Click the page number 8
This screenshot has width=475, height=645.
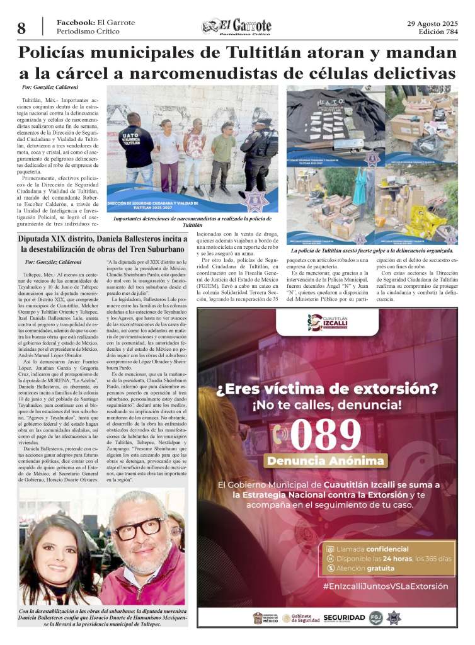click(21, 28)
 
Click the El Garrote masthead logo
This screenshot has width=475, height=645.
click(237, 26)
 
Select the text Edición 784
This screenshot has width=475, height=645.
click(439, 32)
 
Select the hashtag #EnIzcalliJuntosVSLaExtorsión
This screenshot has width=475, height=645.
click(386, 586)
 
